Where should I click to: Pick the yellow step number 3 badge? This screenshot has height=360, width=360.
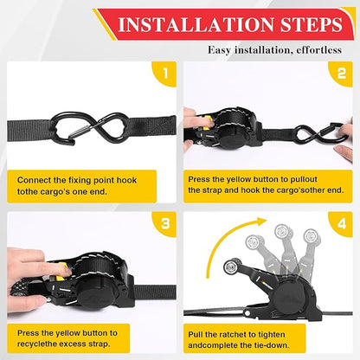pos(162,224)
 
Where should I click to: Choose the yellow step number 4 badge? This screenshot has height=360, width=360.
pos(339,224)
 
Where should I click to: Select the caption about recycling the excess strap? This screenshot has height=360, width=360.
pos(87,337)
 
